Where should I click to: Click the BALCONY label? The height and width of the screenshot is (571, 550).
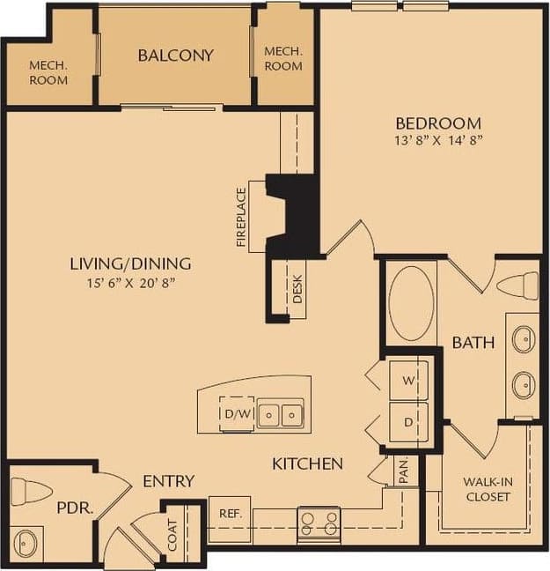pyautogui.click(x=176, y=56)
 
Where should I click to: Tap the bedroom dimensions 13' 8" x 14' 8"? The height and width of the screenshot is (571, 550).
pyautogui.click(x=438, y=140)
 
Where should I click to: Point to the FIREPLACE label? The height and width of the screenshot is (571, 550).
pyautogui.click(x=242, y=217)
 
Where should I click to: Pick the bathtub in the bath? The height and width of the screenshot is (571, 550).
pyautogui.click(x=412, y=304)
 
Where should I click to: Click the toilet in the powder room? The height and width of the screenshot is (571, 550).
pyautogui.click(x=32, y=490)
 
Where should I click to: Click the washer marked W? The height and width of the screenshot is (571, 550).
pyautogui.click(x=408, y=381)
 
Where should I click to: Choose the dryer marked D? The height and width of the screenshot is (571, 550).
pyautogui.click(x=408, y=422)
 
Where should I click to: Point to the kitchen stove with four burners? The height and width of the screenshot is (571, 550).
pyautogui.click(x=319, y=523)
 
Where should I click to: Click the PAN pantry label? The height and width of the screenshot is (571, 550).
pyautogui.click(x=403, y=473)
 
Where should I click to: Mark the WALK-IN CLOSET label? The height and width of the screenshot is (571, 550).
pyautogui.click(x=487, y=489)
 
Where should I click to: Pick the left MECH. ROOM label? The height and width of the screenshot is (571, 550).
pyautogui.click(x=48, y=72)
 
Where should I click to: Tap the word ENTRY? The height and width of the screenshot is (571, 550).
pyautogui.click(x=168, y=480)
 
